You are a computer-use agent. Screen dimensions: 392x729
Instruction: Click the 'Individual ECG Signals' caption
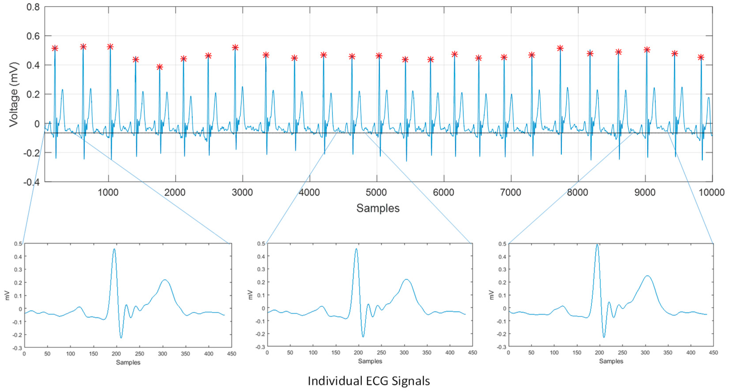point(368,381)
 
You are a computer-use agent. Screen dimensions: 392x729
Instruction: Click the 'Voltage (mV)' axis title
point(14,95)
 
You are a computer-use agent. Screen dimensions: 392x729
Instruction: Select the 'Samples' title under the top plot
point(377,208)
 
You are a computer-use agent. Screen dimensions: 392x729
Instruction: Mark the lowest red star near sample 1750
point(160,67)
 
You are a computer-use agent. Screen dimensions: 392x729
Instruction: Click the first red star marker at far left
point(55,48)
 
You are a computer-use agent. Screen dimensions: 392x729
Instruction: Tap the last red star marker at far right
point(701,58)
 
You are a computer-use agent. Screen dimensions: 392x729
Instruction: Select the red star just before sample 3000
point(235,48)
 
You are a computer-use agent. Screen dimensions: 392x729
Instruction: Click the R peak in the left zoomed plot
point(114,250)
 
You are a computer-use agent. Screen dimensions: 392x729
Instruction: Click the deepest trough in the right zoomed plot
point(604,337)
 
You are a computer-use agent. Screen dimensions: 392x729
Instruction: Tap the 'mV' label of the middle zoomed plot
point(250,295)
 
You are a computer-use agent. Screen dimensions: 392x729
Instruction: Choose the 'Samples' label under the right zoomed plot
point(611,361)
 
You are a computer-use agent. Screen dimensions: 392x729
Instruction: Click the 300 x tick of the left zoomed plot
point(163,354)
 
